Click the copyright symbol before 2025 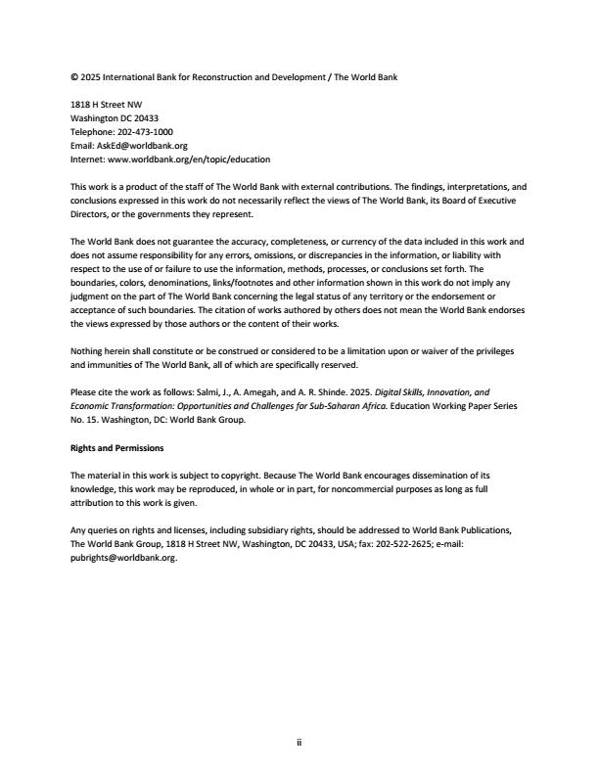click(x=74, y=76)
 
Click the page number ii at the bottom click(x=299, y=743)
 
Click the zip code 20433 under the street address click(x=146, y=117)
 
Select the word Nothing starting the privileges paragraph click(x=88, y=351)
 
